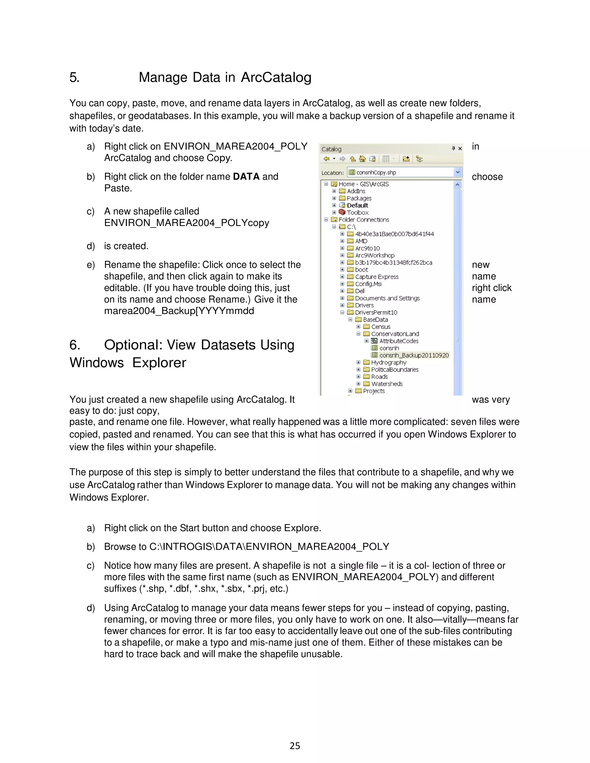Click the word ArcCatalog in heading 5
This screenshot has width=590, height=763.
[x=276, y=77]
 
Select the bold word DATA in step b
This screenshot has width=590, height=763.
[x=246, y=176]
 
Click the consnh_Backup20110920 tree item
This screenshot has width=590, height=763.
[x=414, y=355]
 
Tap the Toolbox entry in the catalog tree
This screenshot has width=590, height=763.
[x=358, y=212]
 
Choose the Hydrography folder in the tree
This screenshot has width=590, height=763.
[x=388, y=362]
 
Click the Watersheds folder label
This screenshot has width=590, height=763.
[x=387, y=384]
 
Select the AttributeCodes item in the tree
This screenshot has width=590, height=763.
[x=398, y=341]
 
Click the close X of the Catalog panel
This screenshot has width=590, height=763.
[x=460, y=149]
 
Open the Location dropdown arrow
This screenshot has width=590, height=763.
[x=457, y=172]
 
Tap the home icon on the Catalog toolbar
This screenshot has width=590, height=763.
[x=362, y=159]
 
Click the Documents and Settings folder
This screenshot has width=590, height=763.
[x=387, y=298]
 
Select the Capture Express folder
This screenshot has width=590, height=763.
[x=377, y=277]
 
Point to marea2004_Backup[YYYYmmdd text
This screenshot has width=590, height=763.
[x=179, y=311]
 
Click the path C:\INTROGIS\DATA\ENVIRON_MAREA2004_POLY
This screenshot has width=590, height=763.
[x=269, y=546]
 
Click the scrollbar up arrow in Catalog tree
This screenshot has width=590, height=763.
[x=457, y=185]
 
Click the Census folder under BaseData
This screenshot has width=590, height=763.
[x=380, y=327]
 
